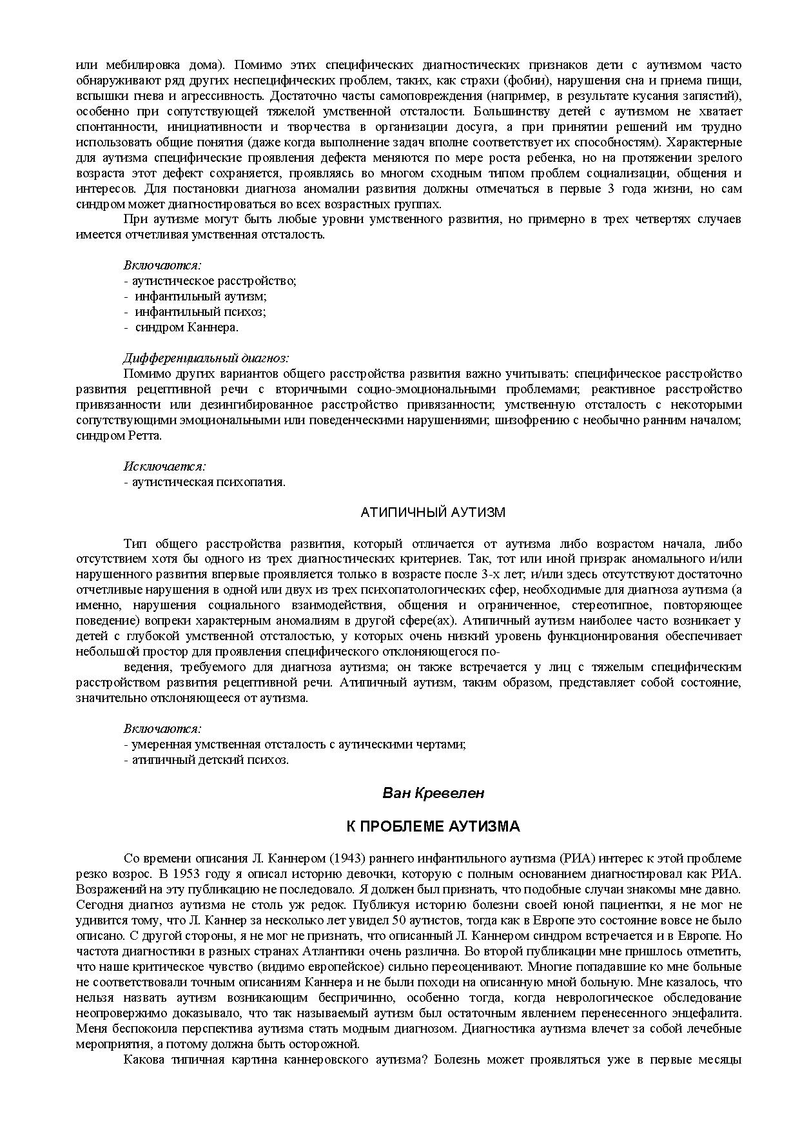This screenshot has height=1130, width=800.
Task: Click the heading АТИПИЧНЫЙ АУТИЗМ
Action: (433, 512)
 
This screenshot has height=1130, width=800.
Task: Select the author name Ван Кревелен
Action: (433, 793)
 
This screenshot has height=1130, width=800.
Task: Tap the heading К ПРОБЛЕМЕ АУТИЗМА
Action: (433, 826)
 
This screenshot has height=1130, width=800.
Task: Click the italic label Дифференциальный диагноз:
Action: (206, 358)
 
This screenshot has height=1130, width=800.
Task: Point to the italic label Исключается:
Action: (164, 466)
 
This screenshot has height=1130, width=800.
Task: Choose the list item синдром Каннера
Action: (186, 327)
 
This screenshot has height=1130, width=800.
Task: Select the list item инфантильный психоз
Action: (200, 311)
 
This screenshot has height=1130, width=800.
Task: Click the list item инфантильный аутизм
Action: (200, 296)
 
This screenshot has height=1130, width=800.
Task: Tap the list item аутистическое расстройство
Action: (213, 280)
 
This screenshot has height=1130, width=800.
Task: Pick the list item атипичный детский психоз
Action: (209, 759)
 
